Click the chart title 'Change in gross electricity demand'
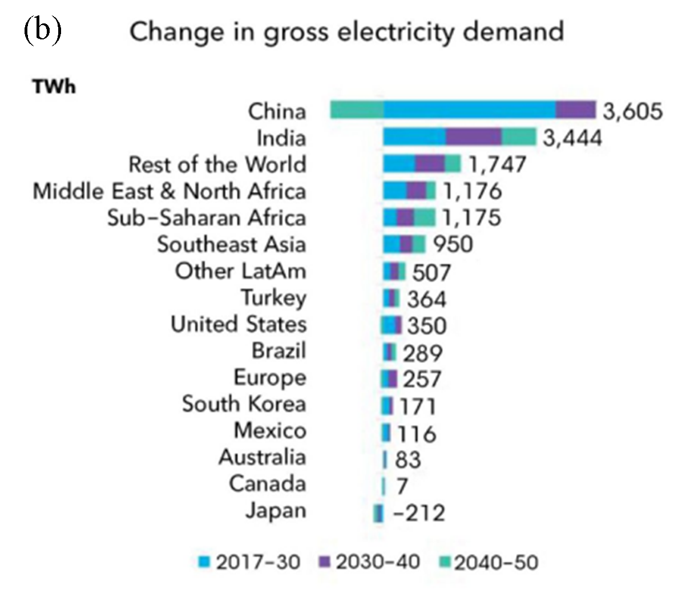coord(346,32)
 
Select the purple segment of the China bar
coord(575,110)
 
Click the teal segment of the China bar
coord(357,110)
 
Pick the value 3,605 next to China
coord(632,111)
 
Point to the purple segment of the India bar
coord(474,138)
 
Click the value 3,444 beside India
coord(572,138)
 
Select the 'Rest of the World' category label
coord(217,164)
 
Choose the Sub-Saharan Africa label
coord(207,218)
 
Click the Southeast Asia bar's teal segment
coord(419,244)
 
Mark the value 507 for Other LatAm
coord(431,272)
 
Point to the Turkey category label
coord(273,297)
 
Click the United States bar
coord(392,325)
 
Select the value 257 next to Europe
coord(422,379)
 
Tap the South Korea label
coord(244,404)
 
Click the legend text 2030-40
coord(378,563)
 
